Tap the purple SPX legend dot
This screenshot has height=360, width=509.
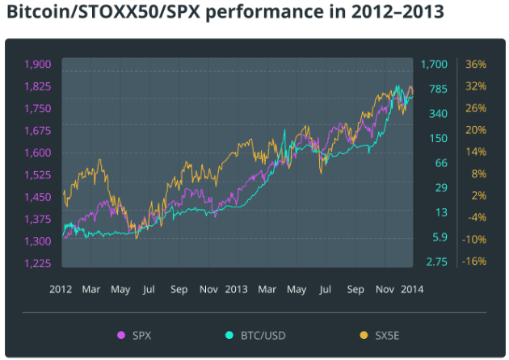point(121,335)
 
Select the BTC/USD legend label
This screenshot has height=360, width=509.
point(263,335)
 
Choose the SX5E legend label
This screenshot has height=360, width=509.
point(387,335)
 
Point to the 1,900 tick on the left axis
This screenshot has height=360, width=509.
point(38,65)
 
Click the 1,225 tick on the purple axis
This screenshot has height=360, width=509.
point(38,263)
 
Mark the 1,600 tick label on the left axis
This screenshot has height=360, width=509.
point(38,153)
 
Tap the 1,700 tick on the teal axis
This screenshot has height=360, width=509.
point(434,65)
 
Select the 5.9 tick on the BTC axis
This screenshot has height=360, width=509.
point(440,237)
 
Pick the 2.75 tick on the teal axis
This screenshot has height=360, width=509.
point(436,262)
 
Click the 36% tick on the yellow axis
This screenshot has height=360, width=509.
point(476,65)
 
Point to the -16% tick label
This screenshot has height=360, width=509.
point(474,261)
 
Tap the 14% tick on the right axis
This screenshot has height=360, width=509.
point(476,152)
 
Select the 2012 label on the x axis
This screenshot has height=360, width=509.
point(61,289)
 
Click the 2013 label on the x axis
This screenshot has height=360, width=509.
point(236,289)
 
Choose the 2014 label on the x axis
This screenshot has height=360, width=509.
point(412,289)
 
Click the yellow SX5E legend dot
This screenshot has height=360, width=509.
point(364,335)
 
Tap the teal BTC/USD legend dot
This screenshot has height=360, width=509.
point(229,335)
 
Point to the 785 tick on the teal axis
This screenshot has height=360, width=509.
point(438,89)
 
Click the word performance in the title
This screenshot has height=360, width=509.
point(264,12)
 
